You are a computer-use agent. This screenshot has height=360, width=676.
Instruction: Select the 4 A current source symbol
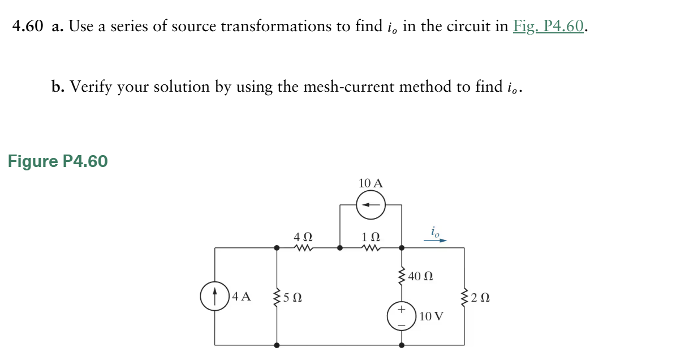click(214, 296)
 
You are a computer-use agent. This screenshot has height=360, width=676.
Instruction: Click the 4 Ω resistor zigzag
click(303, 247)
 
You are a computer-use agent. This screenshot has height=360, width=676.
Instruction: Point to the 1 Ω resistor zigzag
click(371, 247)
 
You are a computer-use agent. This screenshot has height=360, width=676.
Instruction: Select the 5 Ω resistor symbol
click(277, 296)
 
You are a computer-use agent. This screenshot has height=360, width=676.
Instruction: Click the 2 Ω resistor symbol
click(464, 296)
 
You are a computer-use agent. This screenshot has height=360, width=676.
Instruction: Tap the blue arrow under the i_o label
click(435, 240)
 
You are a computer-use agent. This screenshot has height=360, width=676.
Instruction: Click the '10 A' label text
click(371, 183)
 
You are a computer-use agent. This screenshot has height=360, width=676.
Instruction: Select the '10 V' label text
click(432, 316)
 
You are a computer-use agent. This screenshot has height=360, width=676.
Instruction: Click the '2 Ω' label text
click(481, 297)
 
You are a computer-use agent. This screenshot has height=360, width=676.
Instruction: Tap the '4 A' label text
click(242, 296)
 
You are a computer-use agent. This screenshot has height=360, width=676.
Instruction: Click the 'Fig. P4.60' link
click(548, 27)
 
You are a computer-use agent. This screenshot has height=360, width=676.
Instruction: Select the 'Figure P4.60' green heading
click(58, 162)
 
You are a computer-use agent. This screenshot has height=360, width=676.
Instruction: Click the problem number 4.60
click(28, 27)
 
